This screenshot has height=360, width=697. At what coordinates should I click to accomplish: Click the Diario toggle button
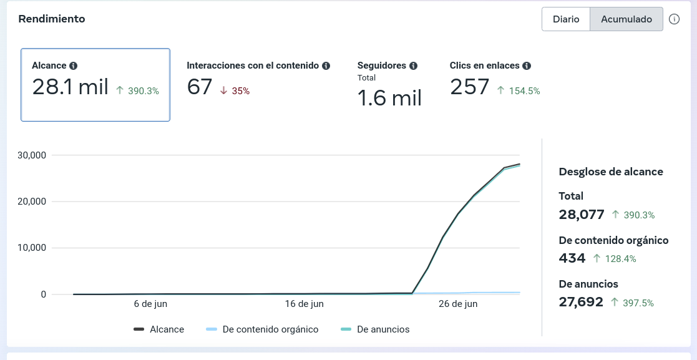(566, 19)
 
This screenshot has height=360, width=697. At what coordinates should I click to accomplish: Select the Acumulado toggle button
(626, 19)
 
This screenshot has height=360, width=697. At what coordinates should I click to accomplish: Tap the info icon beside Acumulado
(675, 19)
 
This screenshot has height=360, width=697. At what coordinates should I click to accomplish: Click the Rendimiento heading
(52, 19)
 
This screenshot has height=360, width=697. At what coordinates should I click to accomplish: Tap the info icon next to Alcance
(74, 66)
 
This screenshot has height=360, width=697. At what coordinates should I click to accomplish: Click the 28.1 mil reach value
(71, 86)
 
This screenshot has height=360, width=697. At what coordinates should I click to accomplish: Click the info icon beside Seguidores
(414, 66)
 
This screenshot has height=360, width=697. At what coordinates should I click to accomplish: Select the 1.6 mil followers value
(389, 98)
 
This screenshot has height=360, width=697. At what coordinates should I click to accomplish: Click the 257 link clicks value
(469, 87)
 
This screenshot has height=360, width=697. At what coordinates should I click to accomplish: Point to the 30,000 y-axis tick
(32, 155)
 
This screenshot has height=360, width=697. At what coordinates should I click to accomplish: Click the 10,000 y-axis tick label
(32, 248)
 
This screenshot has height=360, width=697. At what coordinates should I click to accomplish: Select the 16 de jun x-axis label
(304, 304)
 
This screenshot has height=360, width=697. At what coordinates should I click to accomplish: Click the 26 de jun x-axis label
(458, 304)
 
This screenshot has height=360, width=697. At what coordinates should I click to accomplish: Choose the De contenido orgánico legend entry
(262, 329)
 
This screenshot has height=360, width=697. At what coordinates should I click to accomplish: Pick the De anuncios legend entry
(375, 329)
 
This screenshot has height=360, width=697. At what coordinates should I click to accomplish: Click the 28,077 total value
(582, 215)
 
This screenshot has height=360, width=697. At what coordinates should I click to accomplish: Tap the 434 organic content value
(572, 258)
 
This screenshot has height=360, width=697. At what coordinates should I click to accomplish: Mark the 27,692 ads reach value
(581, 302)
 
